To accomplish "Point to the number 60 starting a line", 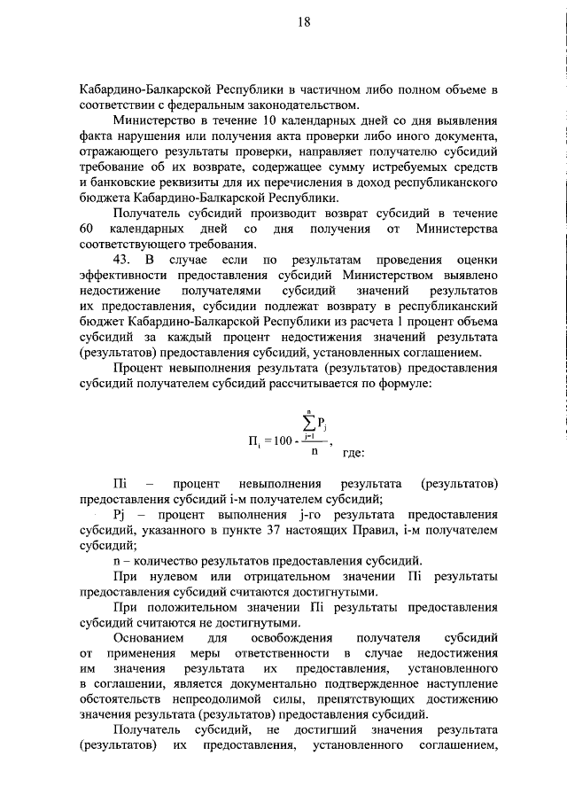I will [x=86, y=230].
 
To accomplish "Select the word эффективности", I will [x=126, y=275].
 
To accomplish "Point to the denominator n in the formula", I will [x=313, y=450].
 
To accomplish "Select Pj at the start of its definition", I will [x=122, y=515].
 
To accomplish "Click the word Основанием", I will [x=149, y=640].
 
